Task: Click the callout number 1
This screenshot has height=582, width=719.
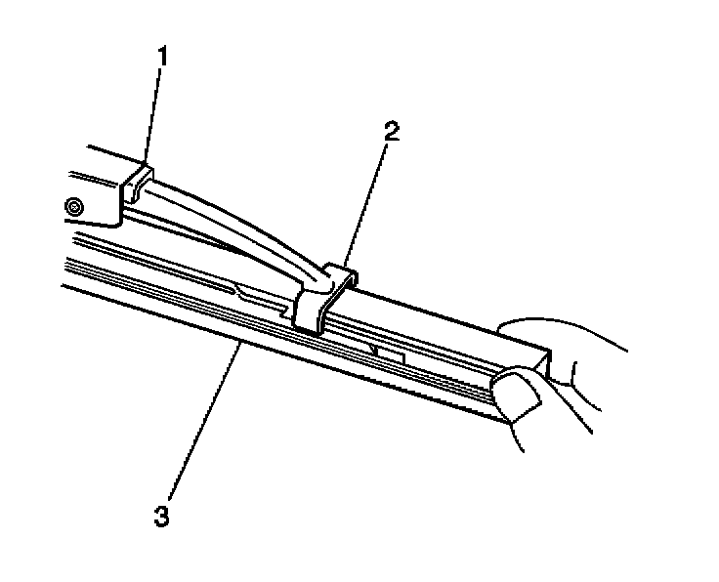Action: pyautogui.click(x=163, y=57)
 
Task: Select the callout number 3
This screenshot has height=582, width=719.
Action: pyautogui.click(x=162, y=515)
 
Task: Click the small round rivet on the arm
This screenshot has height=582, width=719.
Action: pyautogui.click(x=72, y=206)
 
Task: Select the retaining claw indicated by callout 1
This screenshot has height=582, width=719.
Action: pyautogui.click(x=137, y=181)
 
